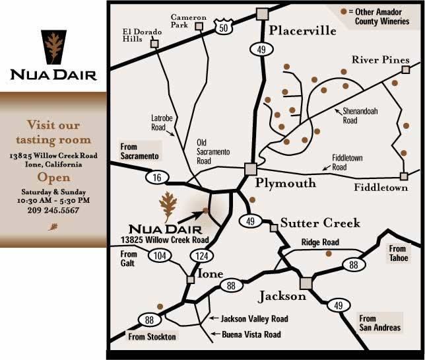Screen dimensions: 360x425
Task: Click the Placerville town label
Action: coord(303,31)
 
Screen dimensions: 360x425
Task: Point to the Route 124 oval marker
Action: coord(201,254)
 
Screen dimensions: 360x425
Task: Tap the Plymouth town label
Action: coord(286,183)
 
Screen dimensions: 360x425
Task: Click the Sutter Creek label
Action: coord(320,223)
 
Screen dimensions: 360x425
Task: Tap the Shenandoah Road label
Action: coord(359,116)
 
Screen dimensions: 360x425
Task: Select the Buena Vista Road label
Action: coord(251,335)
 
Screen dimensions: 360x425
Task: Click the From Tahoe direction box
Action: coord(398,253)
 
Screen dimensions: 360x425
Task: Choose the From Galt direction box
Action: coord(129,259)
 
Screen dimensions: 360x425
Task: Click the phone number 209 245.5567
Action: coord(49,210)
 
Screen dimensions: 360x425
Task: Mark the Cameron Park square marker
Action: coord(199,25)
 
